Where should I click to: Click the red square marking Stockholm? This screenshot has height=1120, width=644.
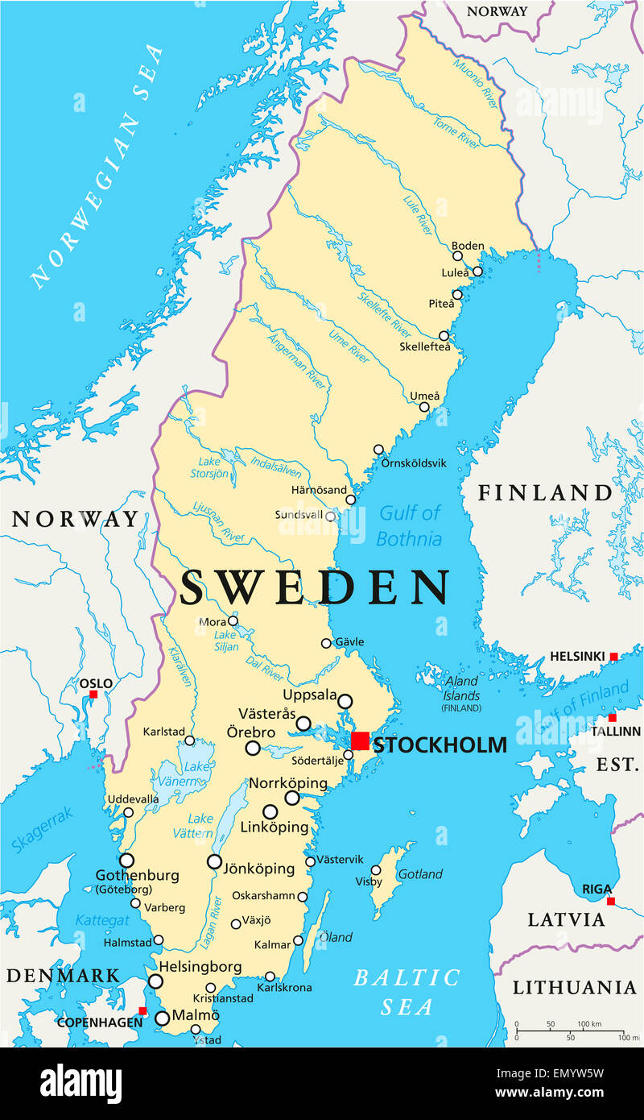pos(361,740)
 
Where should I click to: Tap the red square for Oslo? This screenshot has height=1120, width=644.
pos(93,694)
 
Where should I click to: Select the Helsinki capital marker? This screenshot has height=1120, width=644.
pos(613,657)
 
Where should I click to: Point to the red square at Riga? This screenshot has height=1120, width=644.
pos(611,901)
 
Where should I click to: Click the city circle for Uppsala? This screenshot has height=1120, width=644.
pos(345,701)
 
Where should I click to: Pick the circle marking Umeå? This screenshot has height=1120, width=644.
pos(424,407)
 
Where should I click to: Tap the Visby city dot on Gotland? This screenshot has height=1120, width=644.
pos(375,870)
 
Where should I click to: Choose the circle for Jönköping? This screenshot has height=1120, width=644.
pos(214,861)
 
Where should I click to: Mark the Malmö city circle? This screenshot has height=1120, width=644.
pos(162,1018)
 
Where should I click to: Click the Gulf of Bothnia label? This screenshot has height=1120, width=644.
pos(410,525)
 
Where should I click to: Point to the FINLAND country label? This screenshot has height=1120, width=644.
pos(545,492)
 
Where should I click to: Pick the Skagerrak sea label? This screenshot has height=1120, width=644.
pos(42,831)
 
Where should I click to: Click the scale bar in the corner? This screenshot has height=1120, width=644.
pos(570,1031)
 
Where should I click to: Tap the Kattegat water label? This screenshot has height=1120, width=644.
pos(101,920)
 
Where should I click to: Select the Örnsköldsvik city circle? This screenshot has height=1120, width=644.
pos(378,450)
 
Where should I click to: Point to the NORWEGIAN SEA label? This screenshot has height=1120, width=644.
pos(97,165)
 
